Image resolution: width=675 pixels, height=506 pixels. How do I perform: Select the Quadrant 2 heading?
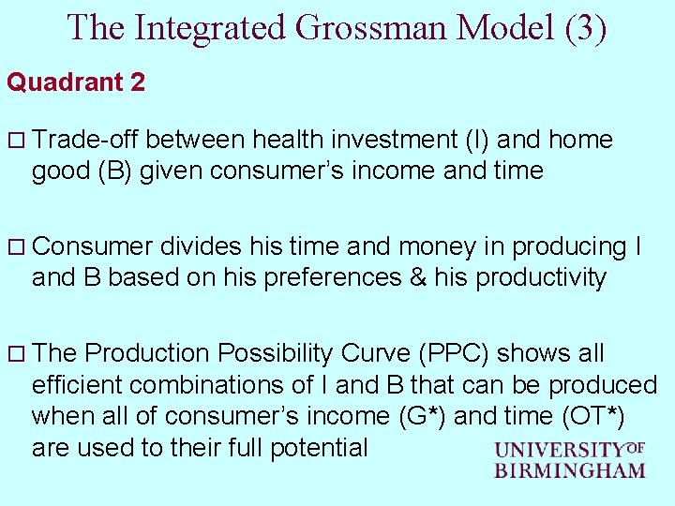click(x=76, y=82)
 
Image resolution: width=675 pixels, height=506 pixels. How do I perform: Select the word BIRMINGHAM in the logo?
click(x=570, y=470)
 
